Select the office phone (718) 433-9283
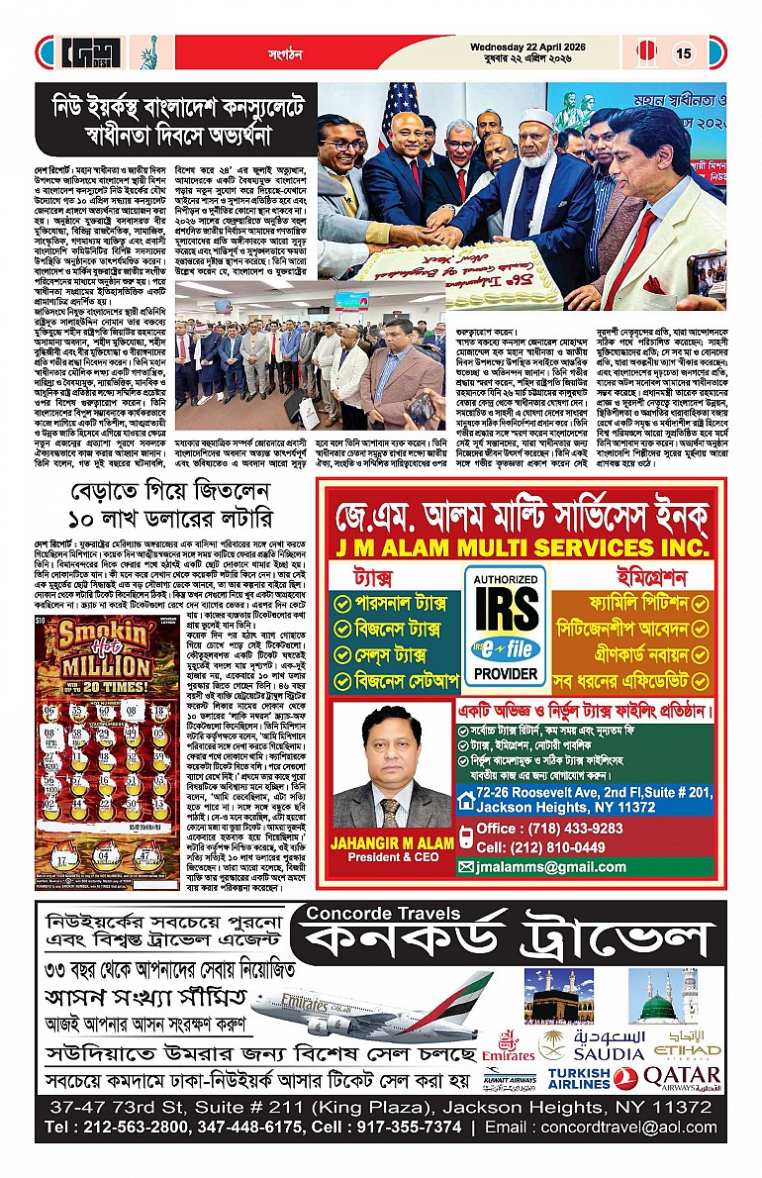[549, 829]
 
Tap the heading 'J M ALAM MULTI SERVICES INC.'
[522, 546]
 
